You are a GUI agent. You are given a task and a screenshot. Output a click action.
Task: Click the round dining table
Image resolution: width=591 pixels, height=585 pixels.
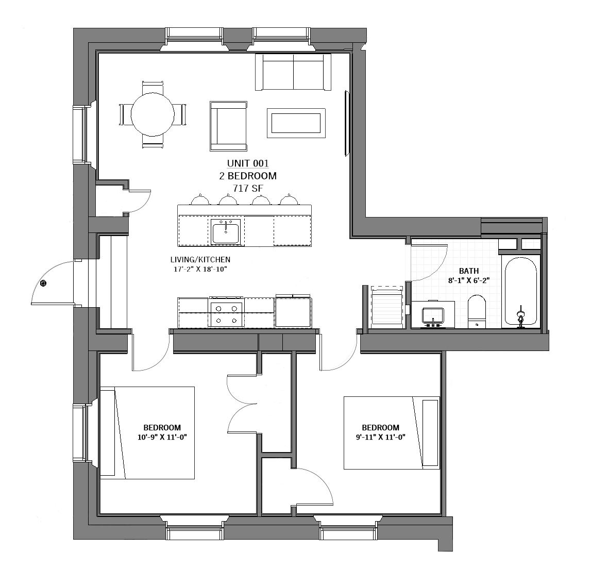[x=153, y=114]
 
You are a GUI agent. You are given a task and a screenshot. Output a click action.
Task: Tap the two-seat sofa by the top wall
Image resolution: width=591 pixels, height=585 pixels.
[x=293, y=72]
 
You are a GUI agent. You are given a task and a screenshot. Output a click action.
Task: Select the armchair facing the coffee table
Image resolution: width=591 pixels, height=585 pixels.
[x=228, y=126]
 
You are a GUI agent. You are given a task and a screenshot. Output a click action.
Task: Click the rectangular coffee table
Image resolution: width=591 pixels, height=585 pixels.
[x=296, y=123]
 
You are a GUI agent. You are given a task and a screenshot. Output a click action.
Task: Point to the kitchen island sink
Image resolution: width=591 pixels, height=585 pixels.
[x=225, y=231]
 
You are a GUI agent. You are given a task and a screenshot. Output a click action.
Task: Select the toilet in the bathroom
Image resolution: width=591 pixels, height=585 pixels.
[x=477, y=312]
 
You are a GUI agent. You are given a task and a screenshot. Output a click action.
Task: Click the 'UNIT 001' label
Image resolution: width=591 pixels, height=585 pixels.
[x=248, y=163]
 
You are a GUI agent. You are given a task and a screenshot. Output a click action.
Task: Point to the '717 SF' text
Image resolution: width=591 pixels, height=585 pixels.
[x=248, y=188]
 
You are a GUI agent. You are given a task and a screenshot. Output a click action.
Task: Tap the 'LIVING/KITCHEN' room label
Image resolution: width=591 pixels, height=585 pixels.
[x=200, y=260]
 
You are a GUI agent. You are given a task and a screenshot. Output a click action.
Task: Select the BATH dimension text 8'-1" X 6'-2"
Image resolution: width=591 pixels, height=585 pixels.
[x=469, y=280]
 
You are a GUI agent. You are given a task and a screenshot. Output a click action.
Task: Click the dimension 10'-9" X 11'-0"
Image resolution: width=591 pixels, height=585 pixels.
[x=162, y=437]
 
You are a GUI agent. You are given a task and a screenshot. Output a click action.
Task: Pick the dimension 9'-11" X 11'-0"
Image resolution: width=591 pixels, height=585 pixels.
[x=380, y=437]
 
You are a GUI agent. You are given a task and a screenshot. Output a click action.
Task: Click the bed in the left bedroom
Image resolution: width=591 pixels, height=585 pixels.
[x=147, y=433]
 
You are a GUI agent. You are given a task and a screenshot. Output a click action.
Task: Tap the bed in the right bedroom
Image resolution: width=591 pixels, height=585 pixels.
[x=392, y=433]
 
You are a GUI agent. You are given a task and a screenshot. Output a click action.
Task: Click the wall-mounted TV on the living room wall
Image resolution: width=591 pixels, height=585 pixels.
[x=347, y=123]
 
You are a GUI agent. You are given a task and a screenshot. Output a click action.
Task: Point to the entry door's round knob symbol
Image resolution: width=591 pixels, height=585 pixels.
[x=44, y=283]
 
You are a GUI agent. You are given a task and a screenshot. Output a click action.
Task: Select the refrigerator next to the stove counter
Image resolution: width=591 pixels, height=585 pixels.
[x=293, y=312]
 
